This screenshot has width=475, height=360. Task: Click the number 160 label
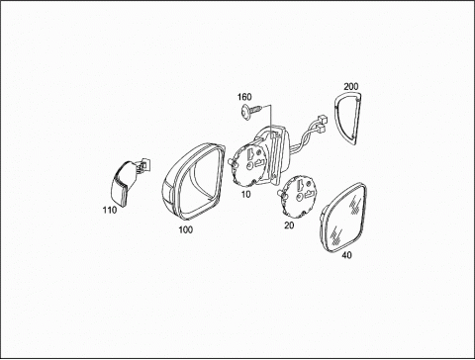coord(244,97)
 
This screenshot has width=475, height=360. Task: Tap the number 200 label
coord(351,87)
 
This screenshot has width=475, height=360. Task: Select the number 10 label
coord(245,195)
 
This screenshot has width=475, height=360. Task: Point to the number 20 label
coord(289,225)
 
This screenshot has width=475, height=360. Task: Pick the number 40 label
coord(346,255)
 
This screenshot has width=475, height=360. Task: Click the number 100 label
coord(186,229)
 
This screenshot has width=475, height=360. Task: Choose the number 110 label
coord(110,210)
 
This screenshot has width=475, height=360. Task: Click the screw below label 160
coord(252,111)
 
